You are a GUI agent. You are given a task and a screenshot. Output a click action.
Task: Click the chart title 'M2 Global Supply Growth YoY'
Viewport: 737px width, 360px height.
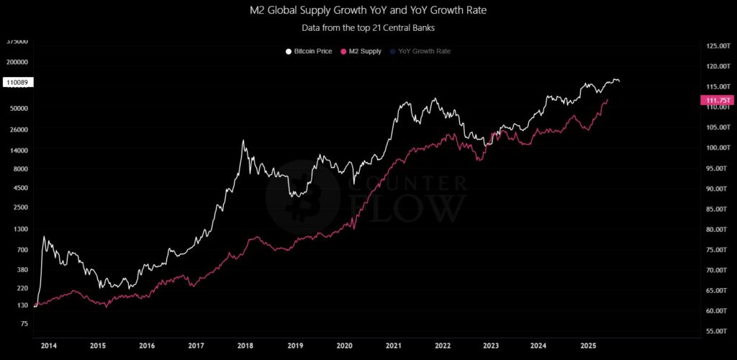[x=368, y=12]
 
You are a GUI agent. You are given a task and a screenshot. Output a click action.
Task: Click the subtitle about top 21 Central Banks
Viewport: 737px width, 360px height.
[x=368, y=29]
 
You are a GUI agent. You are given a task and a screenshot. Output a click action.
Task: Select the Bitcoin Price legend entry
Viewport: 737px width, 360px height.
[x=309, y=51]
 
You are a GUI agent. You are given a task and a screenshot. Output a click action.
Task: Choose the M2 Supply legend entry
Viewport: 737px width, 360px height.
[x=363, y=51]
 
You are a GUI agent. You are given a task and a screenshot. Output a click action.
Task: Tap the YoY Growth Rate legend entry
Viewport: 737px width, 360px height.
[x=419, y=51]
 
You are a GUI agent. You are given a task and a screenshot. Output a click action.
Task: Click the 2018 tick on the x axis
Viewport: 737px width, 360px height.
[x=245, y=346]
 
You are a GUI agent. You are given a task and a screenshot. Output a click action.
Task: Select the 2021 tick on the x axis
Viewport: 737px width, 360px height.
[x=393, y=346]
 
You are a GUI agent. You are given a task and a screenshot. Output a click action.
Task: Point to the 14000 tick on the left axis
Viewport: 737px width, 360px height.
[x=18, y=150]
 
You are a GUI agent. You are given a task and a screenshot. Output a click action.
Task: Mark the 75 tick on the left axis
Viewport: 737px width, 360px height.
[x=24, y=324]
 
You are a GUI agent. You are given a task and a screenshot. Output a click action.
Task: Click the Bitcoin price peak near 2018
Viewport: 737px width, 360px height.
[x=244, y=140]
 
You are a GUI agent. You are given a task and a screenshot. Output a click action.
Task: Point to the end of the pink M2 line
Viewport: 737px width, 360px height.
[x=608, y=99]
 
